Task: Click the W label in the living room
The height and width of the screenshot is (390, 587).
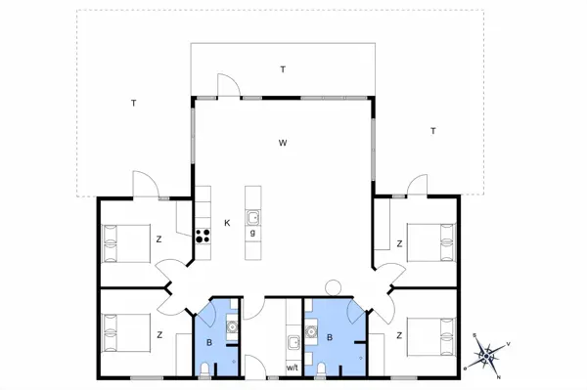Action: click(283, 143)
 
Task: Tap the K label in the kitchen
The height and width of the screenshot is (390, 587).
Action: click(227, 223)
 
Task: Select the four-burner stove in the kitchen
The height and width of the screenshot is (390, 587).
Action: click(203, 236)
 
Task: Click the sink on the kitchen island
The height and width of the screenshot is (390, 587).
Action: click(253, 217)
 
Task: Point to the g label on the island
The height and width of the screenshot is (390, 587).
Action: click(252, 233)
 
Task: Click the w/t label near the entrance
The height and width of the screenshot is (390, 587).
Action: click(293, 368)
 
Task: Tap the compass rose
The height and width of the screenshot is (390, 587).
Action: click(486, 356)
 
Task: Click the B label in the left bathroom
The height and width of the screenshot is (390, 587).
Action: click(209, 342)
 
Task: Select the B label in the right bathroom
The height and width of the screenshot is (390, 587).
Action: click(330, 337)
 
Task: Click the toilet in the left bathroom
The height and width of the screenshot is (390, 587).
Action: click(204, 369)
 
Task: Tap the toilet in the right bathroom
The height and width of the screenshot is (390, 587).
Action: click(321, 369)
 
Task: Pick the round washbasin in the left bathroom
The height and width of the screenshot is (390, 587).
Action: click(232, 327)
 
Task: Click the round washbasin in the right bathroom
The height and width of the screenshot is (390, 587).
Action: click(311, 331)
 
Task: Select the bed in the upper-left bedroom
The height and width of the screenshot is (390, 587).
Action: click(126, 243)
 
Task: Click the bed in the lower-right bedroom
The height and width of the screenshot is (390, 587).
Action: click(431, 336)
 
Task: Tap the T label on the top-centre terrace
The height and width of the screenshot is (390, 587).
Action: click(283, 69)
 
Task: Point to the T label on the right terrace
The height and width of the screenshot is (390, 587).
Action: click(433, 131)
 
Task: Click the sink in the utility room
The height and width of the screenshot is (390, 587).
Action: click(293, 342)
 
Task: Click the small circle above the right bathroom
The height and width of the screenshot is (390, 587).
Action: click(333, 287)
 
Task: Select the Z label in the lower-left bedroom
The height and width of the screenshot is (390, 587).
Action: click(159, 335)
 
